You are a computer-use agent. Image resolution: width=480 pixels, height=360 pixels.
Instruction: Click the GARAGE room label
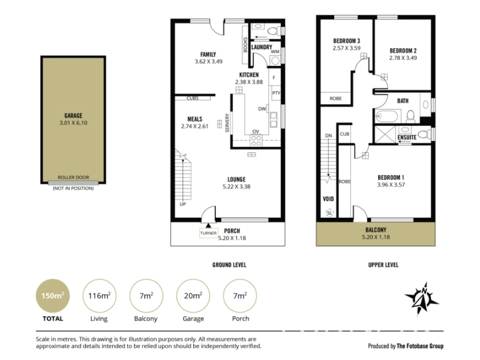73,115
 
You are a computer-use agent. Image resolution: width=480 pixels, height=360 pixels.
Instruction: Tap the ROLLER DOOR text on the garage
73,177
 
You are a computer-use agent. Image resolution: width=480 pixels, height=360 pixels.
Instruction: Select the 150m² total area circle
53,296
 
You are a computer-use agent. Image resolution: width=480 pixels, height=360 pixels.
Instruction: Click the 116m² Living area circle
99,296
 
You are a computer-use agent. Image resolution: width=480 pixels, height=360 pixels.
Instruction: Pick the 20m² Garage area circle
193,296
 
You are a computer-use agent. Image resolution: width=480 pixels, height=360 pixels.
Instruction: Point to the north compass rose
422,298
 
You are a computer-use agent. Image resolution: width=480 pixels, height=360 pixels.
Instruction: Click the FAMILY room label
208,55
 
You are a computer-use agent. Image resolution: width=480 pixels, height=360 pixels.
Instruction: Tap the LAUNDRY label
262,47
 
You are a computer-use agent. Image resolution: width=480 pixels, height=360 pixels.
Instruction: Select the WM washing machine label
275,52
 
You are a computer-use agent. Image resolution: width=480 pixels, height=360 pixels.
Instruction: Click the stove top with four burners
256,141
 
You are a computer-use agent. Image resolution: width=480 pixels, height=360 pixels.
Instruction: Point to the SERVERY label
227,123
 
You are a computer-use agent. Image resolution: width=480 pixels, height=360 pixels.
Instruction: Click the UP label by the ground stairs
183,204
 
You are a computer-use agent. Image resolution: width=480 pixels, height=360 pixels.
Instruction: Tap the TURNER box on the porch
208,233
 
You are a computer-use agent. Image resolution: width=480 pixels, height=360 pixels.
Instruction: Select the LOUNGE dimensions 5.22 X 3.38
236,187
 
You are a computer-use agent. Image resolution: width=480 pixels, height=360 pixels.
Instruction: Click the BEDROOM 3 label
347,41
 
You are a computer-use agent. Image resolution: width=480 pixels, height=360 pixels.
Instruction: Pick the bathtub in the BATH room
387,116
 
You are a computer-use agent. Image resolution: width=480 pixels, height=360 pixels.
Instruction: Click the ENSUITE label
407,137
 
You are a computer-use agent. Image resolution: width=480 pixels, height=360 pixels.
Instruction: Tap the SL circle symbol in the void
329,213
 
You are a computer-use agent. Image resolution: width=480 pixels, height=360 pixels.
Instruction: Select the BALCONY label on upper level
376,230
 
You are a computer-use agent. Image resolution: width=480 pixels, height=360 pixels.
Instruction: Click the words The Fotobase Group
420,346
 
